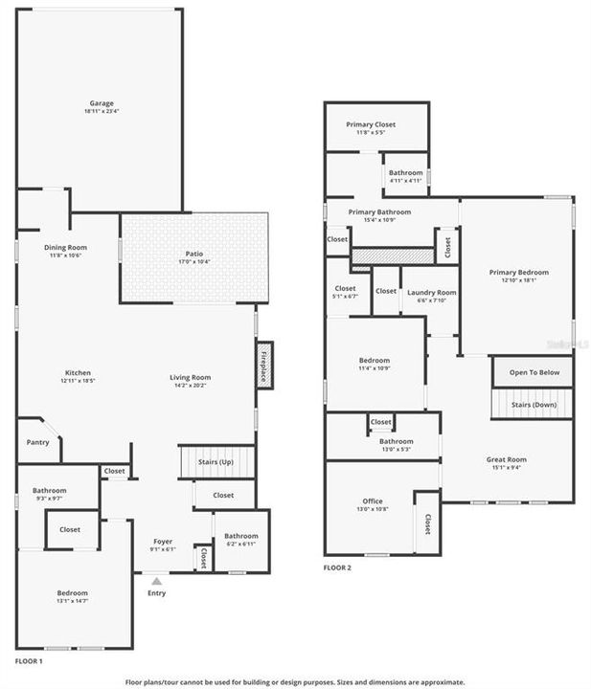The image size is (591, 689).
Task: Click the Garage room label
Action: pyautogui.click(x=102, y=103)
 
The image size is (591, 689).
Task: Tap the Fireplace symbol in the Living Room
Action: pyautogui.click(x=265, y=365)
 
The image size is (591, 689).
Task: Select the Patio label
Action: pyautogui.click(x=193, y=254)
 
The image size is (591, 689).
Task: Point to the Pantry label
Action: pyautogui.click(x=37, y=442)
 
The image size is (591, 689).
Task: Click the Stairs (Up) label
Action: pyautogui.click(x=216, y=462)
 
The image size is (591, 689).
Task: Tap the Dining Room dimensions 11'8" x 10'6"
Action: pyautogui.click(x=66, y=256)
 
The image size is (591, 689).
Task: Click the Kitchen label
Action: pyautogui.click(x=78, y=372)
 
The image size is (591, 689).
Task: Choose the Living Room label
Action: pyautogui.click(x=190, y=377)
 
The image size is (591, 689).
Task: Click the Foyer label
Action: pyautogui.click(x=162, y=542)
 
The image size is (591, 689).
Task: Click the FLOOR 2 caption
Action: pyautogui.click(x=337, y=567)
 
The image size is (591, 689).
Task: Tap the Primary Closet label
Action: pyautogui.click(x=375, y=124)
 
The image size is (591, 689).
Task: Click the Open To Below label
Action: pyautogui.click(x=534, y=372)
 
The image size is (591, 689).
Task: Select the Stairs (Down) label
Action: pyautogui.click(x=534, y=405)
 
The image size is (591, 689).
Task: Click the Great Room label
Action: pyautogui.click(x=507, y=459)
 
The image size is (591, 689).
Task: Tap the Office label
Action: pyautogui.click(x=372, y=500)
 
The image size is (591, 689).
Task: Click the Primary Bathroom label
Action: pyautogui.click(x=379, y=211)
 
